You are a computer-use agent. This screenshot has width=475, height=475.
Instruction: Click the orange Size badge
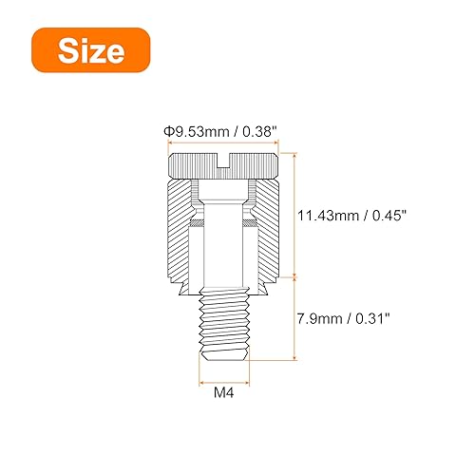(x=91, y=50)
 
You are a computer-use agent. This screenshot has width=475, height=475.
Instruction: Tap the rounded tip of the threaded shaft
(x=224, y=354)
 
